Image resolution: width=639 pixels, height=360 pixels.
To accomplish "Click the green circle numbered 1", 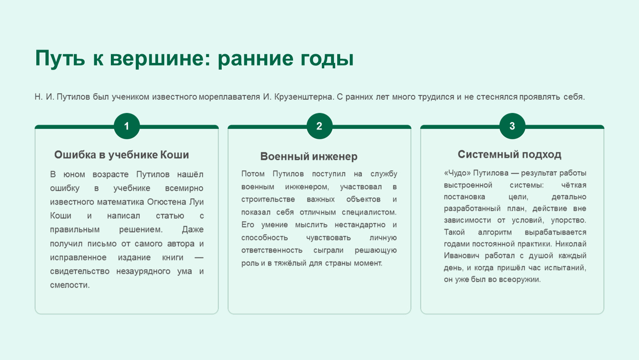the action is point(127,126).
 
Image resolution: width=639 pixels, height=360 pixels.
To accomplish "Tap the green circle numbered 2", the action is point(319,126).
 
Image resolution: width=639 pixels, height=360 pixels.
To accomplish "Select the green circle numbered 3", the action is point(512,126).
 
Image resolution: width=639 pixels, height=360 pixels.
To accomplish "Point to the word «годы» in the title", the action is point(327,59).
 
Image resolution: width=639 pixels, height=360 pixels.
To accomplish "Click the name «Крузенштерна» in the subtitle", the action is point(304,97).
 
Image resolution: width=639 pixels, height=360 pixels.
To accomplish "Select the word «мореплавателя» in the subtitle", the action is point(229,97).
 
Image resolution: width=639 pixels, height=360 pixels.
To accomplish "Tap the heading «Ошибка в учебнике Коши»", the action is point(122,155).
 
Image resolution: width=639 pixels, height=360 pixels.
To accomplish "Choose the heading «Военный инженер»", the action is point(308,157).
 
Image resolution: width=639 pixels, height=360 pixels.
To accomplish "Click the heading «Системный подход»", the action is point(509,155).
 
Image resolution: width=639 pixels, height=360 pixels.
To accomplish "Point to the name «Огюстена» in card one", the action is point(167,202).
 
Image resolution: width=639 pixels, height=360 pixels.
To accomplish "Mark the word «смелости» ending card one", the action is point(70,285).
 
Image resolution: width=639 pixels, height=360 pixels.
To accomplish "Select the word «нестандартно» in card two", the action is point(360,225).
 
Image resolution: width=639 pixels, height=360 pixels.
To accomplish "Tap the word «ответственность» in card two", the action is point(272,250).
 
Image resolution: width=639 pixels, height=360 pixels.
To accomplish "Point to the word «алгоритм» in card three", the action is point(495,232).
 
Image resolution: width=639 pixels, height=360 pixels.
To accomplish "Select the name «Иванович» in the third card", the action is point(461,255).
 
